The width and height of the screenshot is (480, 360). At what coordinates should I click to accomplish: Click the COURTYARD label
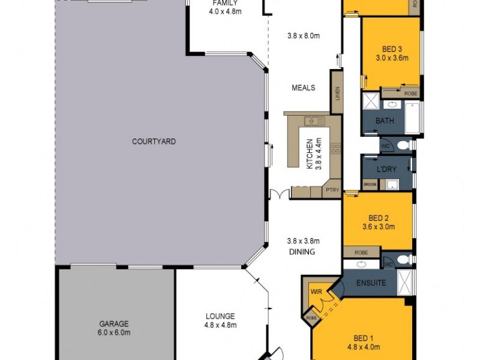(x=154, y=142)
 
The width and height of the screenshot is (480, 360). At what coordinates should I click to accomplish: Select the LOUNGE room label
(x=219, y=316)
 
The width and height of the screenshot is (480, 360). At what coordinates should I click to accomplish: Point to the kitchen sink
(x=311, y=119)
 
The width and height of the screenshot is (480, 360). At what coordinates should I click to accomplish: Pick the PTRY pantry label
(x=332, y=191)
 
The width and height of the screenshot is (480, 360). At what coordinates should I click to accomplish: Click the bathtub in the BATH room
(x=413, y=118)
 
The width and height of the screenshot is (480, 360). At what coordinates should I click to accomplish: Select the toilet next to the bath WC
(x=403, y=145)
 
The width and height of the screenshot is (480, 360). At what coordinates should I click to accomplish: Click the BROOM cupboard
(x=370, y=184)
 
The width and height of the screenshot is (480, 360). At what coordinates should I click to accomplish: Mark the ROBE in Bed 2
(x=361, y=253)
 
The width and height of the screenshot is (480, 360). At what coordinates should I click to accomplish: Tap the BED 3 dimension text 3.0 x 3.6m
(x=392, y=58)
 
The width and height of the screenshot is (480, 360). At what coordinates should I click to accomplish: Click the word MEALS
(x=304, y=88)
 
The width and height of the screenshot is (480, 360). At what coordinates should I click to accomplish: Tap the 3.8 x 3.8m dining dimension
(x=303, y=241)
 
